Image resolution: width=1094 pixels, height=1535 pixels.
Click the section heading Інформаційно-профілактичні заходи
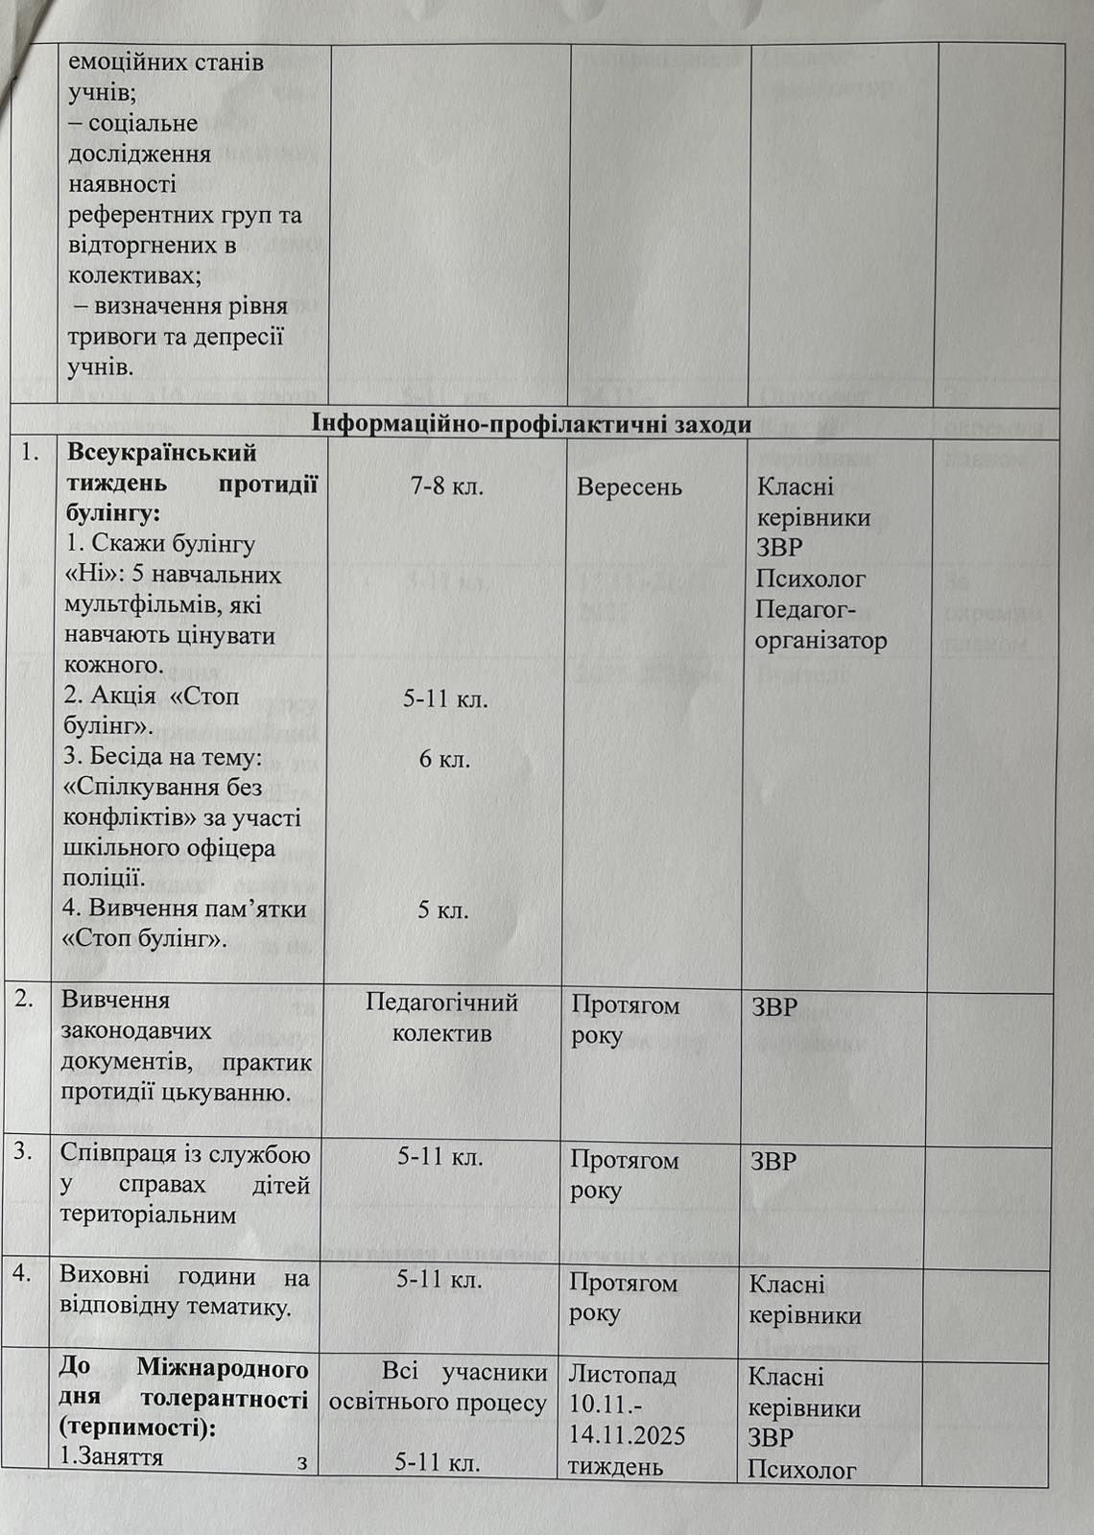[532, 424]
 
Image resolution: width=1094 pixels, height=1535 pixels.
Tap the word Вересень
[629, 487]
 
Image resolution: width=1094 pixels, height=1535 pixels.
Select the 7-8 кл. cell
[446, 486]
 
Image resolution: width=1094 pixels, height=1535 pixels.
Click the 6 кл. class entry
[444, 760]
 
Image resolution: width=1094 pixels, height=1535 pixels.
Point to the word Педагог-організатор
[820, 625]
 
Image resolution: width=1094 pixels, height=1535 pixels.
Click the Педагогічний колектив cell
[441, 1018]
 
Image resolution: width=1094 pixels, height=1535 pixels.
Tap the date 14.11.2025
[627, 1436]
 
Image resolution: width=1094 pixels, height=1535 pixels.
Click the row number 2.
[27, 998]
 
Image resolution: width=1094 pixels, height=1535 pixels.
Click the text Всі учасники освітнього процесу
[439, 1387]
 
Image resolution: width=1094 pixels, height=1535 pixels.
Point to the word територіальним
[148, 1215]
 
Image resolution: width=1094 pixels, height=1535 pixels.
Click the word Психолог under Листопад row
[801, 1469]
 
